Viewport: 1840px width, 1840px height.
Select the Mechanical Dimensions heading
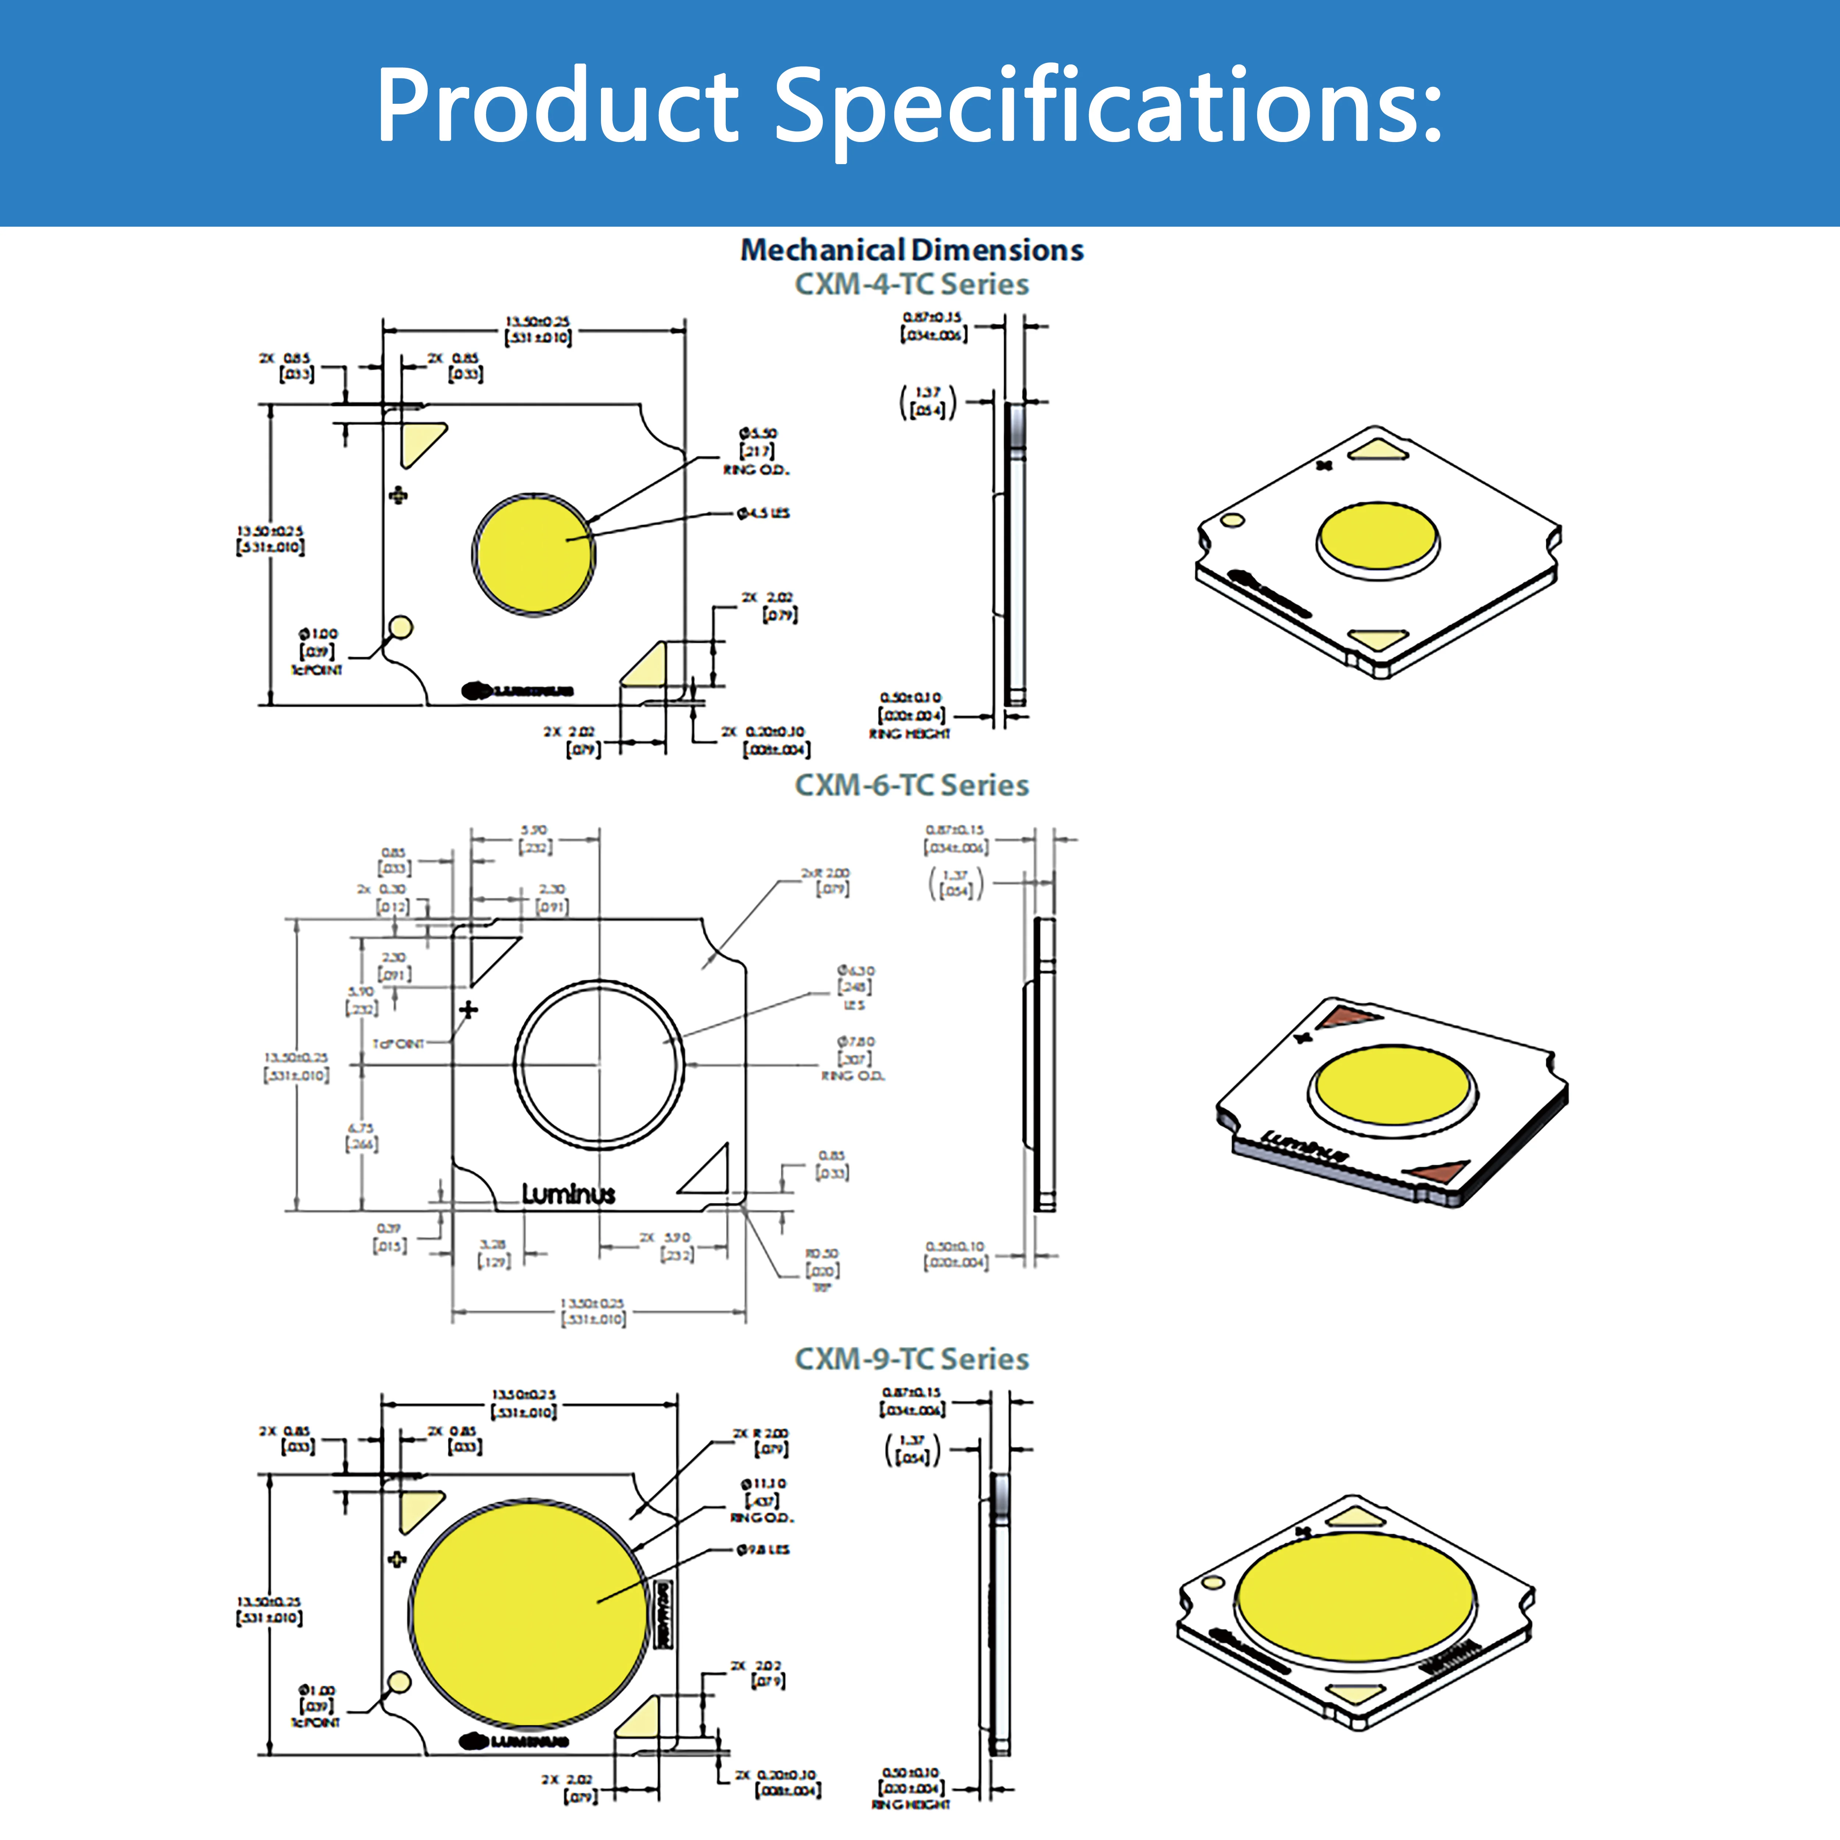coord(912,251)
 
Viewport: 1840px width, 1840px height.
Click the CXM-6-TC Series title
coord(912,786)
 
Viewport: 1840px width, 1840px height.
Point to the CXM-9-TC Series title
coord(912,1359)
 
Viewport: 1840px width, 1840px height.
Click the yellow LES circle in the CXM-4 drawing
coord(533,554)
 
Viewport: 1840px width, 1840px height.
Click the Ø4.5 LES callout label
coord(763,513)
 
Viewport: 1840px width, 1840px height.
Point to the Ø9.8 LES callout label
coord(763,1550)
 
